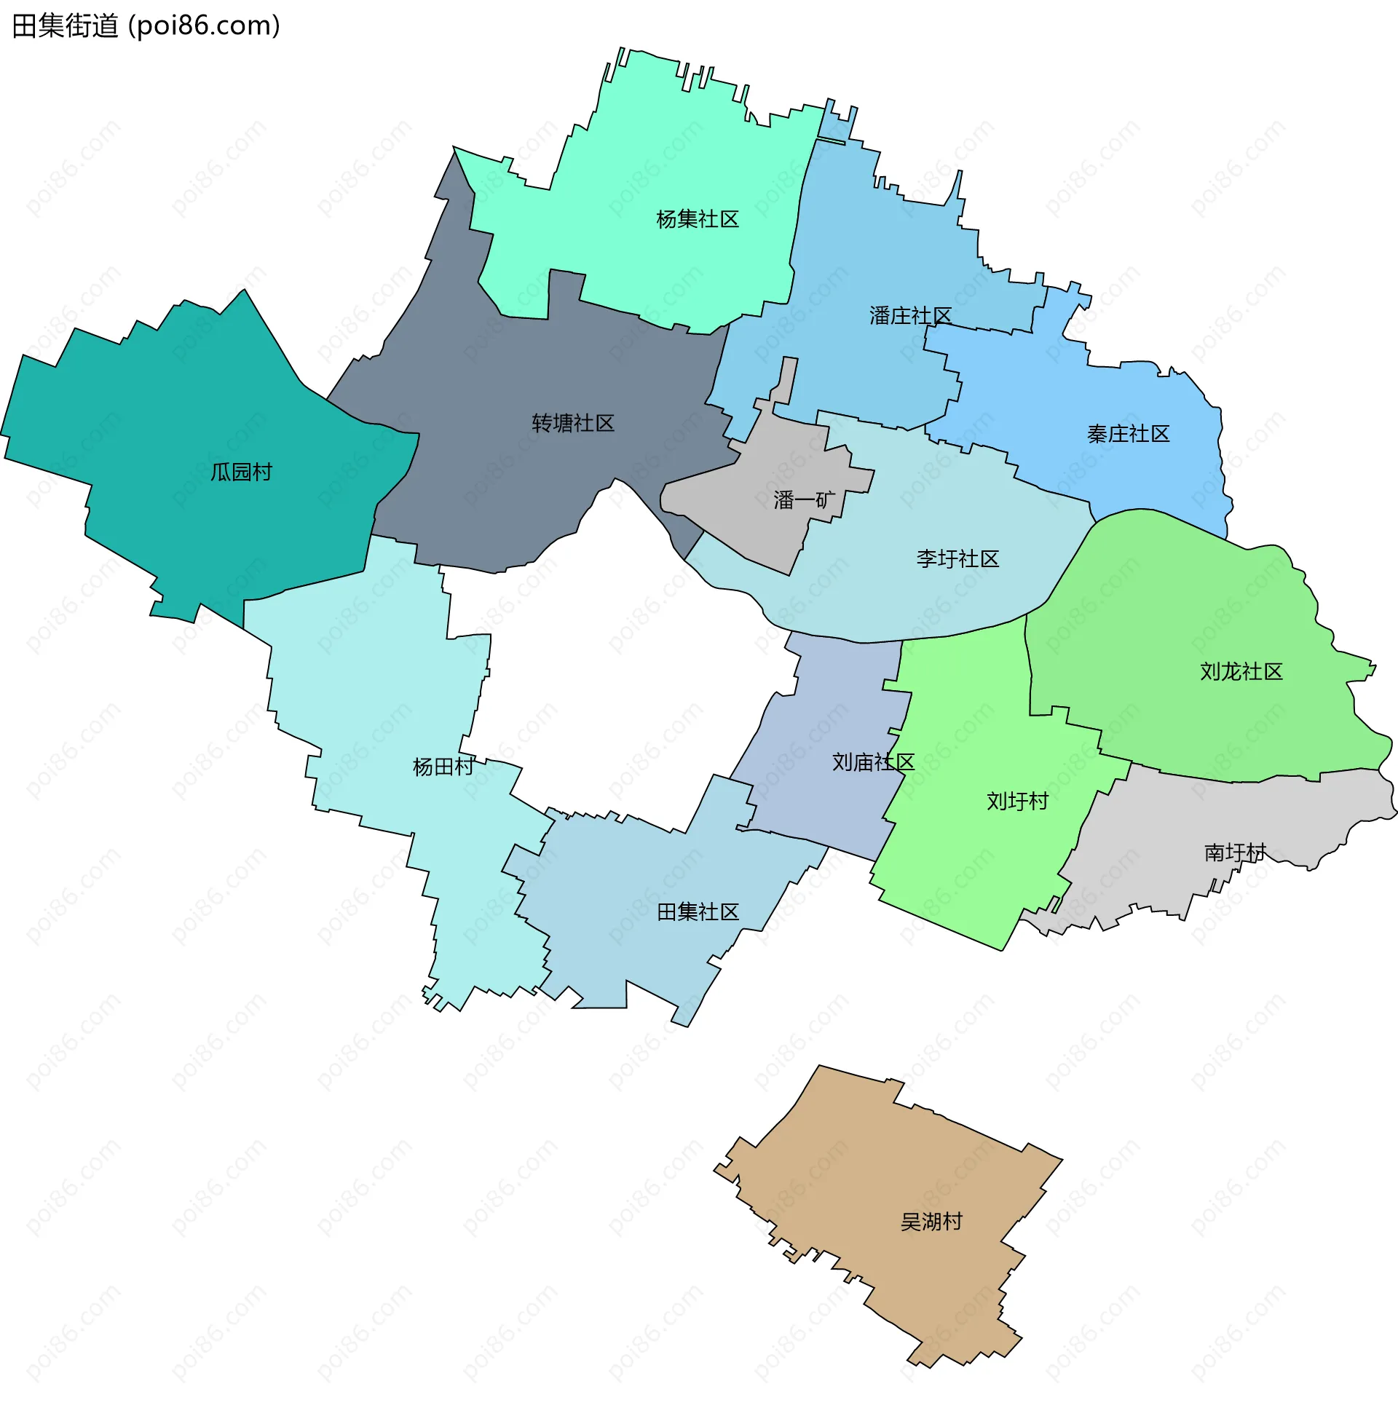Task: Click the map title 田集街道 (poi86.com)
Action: coord(146,26)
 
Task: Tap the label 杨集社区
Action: coord(697,219)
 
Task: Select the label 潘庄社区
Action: coord(909,316)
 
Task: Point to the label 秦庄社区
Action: coord(1127,434)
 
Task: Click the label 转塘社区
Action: coord(572,423)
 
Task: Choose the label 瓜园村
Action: coord(241,471)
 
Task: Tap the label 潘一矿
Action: coord(803,500)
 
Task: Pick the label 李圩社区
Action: coord(957,558)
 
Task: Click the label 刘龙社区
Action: coord(1241,671)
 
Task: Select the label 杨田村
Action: coord(443,767)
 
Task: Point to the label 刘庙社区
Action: coord(872,762)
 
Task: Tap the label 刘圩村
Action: coord(1016,801)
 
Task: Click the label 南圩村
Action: coord(1234,853)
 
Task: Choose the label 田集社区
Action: coord(697,911)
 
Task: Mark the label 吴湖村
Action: coord(931,1221)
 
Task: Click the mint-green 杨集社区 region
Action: coord(660,146)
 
